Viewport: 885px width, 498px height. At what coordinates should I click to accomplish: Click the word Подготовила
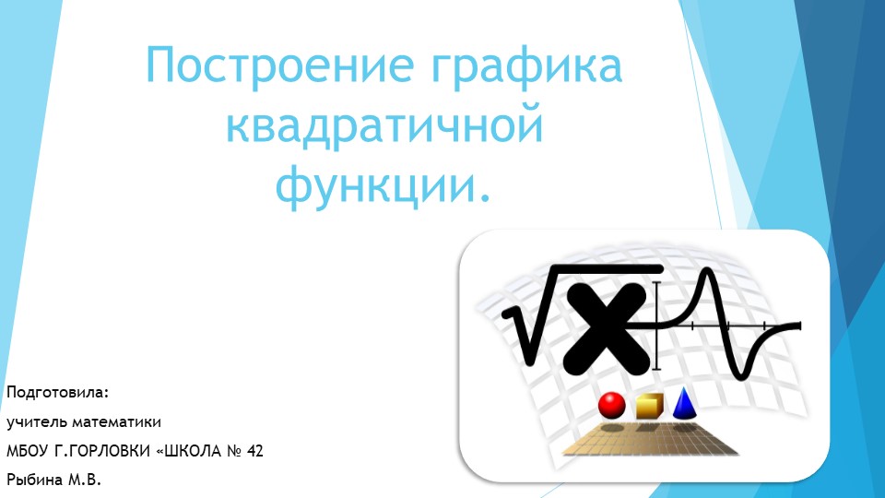(x=57, y=394)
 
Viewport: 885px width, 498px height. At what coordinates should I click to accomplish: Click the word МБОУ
(x=27, y=451)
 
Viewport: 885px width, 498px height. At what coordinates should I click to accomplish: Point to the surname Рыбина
(x=36, y=480)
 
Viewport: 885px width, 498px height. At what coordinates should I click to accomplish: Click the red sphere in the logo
(x=612, y=404)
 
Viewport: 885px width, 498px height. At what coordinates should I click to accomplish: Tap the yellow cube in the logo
(x=648, y=406)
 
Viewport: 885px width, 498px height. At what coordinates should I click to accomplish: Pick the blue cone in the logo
(x=684, y=403)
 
